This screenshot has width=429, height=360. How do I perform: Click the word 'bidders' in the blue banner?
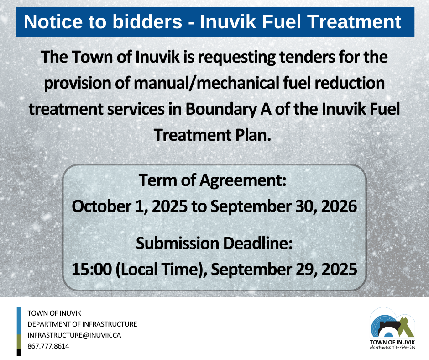click(x=147, y=21)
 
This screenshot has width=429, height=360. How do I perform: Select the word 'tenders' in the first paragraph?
click(x=307, y=57)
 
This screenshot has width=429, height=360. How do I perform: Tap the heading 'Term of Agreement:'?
click(x=213, y=180)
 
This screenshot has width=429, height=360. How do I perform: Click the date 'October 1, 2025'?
click(x=130, y=206)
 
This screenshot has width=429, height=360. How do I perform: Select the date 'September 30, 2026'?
click(x=284, y=206)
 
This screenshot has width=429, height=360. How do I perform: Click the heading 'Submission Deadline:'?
click(x=214, y=243)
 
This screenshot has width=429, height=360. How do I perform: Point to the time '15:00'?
click(x=92, y=269)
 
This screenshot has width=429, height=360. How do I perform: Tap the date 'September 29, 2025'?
click(x=284, y=270)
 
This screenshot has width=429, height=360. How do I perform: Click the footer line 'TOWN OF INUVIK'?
click(x=54, y=313)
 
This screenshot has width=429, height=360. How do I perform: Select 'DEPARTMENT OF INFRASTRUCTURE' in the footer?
click(x=82, y=324)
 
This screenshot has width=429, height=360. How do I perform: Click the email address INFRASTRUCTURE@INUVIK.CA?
click(x=74, y=335)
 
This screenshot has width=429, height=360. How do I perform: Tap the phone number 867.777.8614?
click(x=48, y=346)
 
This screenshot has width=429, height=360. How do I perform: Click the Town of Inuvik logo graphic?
click(x=392, y=323)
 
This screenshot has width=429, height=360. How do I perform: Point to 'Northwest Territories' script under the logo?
click(x=392, y=347)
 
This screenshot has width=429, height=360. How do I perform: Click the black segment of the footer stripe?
click(x=19, y=353)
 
